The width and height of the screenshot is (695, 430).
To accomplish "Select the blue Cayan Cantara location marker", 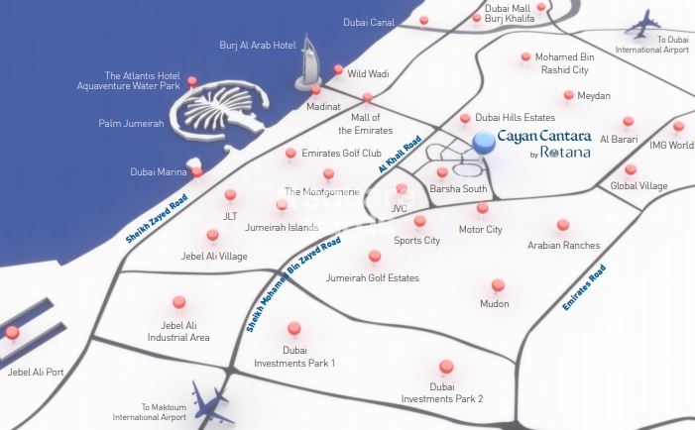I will point(484,144).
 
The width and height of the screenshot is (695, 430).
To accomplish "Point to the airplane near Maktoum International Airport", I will point(211,401).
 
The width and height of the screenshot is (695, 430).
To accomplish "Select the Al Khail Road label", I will point(400,155).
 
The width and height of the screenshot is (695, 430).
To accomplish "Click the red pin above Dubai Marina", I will point(197,172).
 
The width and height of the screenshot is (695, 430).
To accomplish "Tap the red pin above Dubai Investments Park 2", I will point(445,366).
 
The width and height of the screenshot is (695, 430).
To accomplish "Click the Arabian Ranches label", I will point(563,245).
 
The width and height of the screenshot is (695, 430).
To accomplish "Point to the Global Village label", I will point(638,185).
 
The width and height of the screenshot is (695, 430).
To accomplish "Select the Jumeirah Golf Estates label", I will point(372,278).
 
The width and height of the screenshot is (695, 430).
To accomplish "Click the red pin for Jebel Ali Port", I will point(12,333).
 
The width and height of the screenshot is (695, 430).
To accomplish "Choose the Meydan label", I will point(593,96).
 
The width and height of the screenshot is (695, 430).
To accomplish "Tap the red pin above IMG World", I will point(678,127).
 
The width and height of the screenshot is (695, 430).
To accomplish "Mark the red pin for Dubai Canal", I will point(424,21).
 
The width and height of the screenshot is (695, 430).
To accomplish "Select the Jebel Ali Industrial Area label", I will point(178,331).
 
